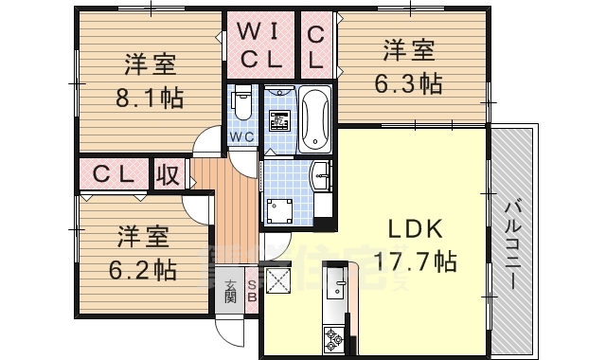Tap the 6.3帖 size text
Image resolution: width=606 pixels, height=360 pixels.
(409, 83)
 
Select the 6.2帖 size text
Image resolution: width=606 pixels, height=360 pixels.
(144, 269)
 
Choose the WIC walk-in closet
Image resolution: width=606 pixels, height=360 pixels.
(259, 45)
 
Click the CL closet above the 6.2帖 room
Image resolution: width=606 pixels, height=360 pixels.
(115, 175)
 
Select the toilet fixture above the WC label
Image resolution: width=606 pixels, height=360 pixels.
(241, 102)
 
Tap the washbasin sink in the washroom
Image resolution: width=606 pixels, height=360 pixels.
(320, 175)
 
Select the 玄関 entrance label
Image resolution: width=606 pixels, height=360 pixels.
(230, 291)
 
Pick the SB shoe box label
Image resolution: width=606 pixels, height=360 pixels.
(252, 291)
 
